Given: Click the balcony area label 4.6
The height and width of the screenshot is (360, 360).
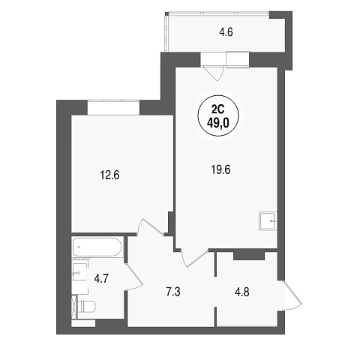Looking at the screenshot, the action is tap(226, 32).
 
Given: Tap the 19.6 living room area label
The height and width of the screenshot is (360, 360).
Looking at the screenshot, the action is tap(220, 170).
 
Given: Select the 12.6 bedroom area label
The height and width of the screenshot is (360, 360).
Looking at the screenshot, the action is tap(109, 175).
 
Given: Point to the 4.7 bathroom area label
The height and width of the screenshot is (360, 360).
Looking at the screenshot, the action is tap(101, 278).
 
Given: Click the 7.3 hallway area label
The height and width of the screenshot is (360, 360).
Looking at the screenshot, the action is tap(173, 292).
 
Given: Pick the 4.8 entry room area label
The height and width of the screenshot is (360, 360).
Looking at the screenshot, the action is tap(241, 292).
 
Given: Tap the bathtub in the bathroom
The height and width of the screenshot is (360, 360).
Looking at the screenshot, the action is tap(97, 247).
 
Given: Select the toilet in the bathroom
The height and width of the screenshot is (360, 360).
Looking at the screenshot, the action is tap(86, 307).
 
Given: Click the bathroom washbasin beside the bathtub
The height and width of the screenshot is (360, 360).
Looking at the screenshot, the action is tap(79, 273).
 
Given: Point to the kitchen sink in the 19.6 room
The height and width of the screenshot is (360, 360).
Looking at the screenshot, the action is tap(268, 221).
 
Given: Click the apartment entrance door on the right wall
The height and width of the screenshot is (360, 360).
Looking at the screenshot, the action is tap(292, 295).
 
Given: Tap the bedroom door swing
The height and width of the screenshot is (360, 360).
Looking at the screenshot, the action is tap(151, 227).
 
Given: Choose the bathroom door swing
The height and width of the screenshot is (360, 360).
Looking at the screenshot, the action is tap(134, 277).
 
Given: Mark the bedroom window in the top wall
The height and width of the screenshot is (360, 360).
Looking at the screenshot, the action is tap(113, 107).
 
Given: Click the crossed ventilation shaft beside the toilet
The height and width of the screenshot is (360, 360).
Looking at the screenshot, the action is tap(74, 307).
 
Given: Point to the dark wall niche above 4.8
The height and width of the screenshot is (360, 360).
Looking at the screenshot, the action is tap(249, 256).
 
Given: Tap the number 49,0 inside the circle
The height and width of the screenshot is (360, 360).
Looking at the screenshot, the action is tap(218, 123).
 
